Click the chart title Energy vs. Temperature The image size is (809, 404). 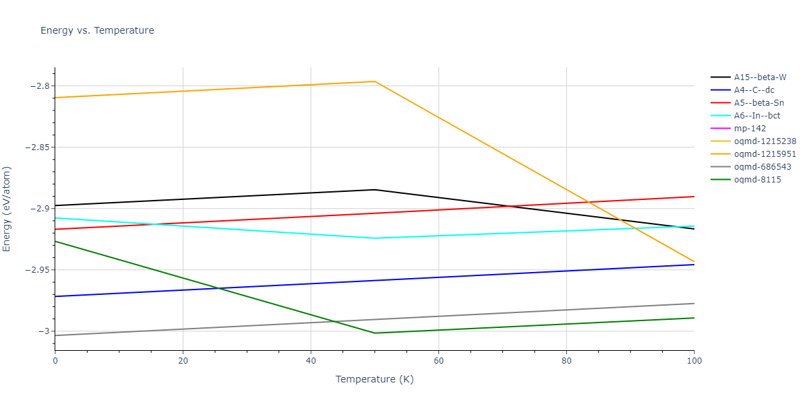[x=97, y=30]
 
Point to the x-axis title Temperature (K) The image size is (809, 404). [x=375, y=379]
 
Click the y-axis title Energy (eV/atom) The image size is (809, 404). [x=7, y=209]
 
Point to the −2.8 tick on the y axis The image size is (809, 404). [x=38, y=86]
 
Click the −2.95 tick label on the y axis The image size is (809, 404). [x=36, y=270]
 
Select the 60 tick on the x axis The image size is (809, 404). [x=438, y=361]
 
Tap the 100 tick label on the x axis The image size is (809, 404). [x=694, y=361]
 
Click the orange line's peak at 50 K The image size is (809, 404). [x=375, y=81]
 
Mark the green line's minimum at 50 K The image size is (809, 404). [x=375, y=333]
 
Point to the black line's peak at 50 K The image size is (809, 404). [x=375, y=190]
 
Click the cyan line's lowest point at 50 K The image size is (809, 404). [x=375, y=238]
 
